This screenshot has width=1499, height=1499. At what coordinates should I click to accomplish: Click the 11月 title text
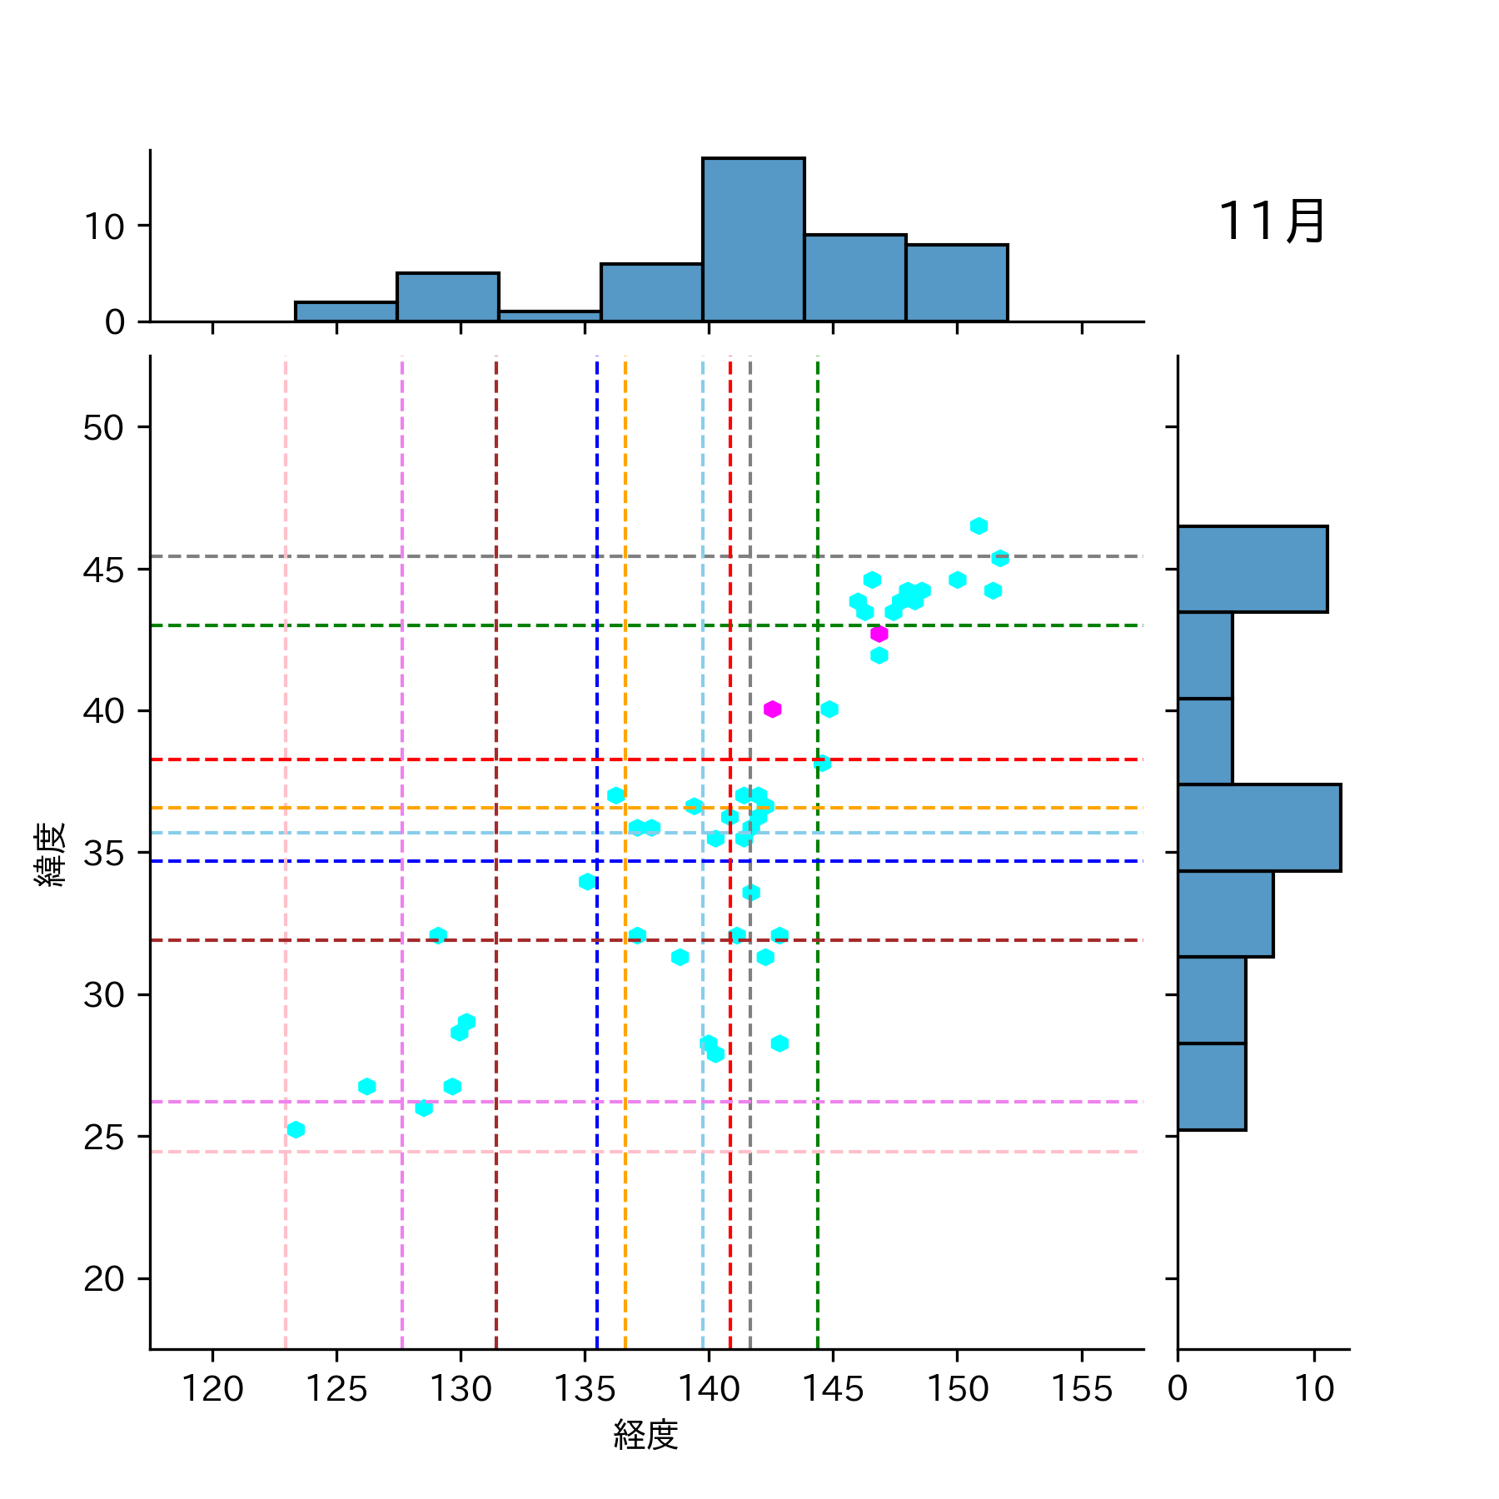click(x=1272, y=222)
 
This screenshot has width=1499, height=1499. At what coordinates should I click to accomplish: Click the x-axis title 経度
click(x=645, y=1435)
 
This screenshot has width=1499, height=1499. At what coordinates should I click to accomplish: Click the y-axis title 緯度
click(x=50, y=854)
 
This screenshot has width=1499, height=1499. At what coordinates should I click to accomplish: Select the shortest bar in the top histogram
click(x=550, y=316)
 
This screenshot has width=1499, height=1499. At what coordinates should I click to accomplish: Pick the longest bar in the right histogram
click(x=1258, y=828)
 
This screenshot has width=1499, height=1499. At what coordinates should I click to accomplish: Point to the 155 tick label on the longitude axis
click(x=1081, y=1389)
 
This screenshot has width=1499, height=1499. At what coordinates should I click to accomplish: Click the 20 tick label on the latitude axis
click(x=103, y=1278)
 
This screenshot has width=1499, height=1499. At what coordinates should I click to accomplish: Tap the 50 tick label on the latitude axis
click(x=103, y=427)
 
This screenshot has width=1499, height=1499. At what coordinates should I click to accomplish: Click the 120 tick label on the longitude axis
click(x=212, y=1389)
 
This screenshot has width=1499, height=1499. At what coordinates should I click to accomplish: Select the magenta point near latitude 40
click(x=772, y=709)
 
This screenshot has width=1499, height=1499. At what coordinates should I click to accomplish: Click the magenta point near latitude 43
click(x=879, y=634)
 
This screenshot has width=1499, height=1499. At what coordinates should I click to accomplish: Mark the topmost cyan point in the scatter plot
click(x=979, y=525)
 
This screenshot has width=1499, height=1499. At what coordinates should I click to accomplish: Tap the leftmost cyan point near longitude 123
click(x=296, y=1129)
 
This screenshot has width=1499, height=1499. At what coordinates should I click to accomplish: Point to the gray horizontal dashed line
click(x=500, y=555)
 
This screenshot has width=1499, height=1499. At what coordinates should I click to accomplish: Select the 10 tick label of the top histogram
click(x=103, y=227)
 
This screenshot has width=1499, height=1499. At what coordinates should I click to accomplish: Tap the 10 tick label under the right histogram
click(x=1314, y=1389)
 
